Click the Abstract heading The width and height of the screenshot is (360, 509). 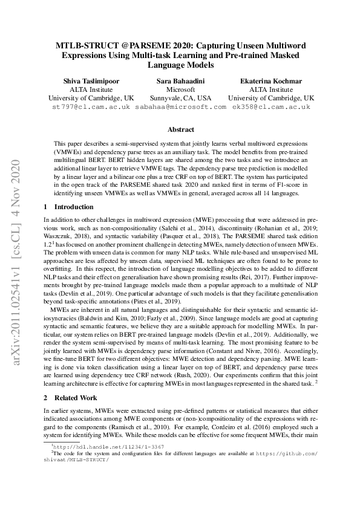180,129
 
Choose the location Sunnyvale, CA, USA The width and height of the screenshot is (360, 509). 180,97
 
